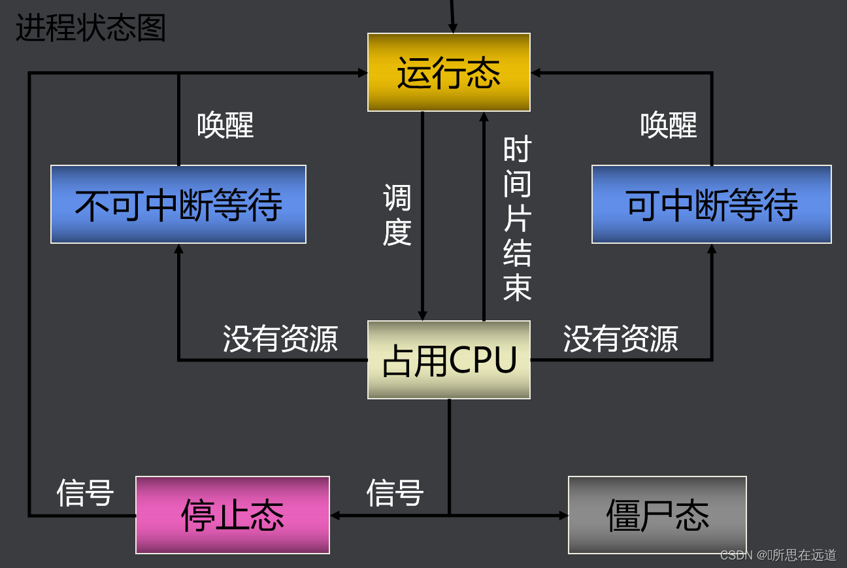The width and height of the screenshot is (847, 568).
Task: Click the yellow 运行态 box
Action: [x=448, y=72]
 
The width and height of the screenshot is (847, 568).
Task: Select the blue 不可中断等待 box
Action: [x=178, y=204]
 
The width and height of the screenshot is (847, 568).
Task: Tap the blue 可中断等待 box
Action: [x=711, y=204]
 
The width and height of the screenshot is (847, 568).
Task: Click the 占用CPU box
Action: [x=448, y=359]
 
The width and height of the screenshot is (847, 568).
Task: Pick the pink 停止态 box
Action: [x=232, y=515]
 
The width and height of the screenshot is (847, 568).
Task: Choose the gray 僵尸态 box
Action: [x=657, y=515]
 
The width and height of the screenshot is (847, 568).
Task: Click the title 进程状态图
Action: [x=91, y=29]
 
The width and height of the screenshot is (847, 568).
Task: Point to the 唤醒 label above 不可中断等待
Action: [x=225, y=124]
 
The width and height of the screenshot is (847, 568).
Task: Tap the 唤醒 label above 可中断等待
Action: [x=668, y=124]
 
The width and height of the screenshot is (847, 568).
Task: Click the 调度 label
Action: [x=397, y=214]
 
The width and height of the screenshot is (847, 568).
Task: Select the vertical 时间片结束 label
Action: [x=517, y=219]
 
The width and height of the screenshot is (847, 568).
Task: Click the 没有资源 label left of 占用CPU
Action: [x=280, y=339]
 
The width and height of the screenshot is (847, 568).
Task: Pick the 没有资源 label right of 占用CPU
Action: [x=620, y=339]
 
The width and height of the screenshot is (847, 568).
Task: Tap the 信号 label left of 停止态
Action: [x=85, y=492]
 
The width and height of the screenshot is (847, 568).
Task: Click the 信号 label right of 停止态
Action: [x=395, y=492]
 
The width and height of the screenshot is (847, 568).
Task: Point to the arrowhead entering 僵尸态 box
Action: [x=563, y=515]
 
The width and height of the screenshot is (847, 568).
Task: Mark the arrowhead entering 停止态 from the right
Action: [x=335, y=515]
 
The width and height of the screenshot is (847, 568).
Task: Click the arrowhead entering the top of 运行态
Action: [x=452, y=28]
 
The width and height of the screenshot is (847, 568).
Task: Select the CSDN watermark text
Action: [x=778, y=555]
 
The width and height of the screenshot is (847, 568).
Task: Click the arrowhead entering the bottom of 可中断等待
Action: [x=711, y=248]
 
